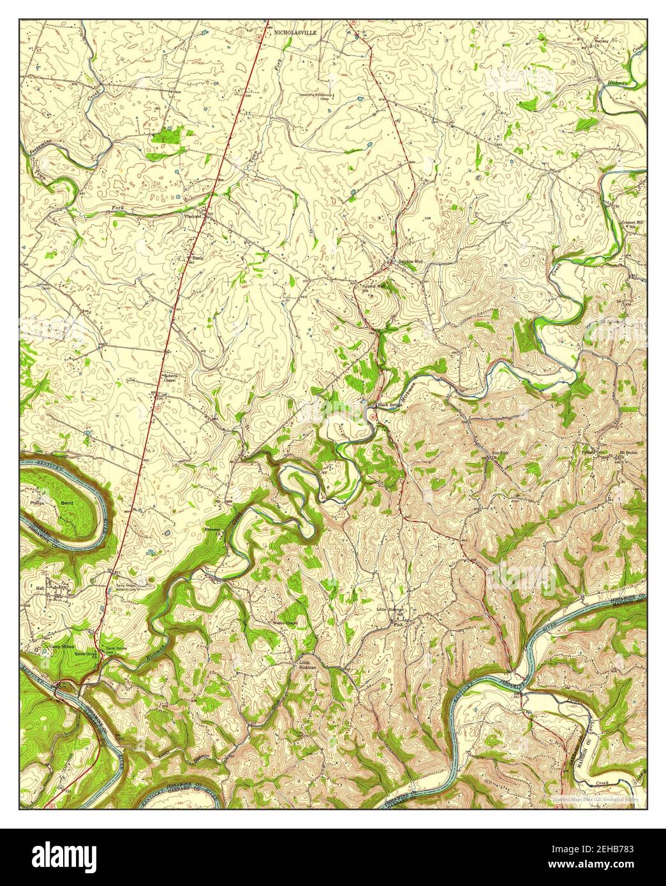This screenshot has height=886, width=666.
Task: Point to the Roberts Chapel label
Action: [170, 377]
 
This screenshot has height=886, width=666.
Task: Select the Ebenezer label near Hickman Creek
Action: [211, 529]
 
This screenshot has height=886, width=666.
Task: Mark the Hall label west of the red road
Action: [40, 588]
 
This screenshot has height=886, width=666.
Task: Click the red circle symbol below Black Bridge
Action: [372, 416]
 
